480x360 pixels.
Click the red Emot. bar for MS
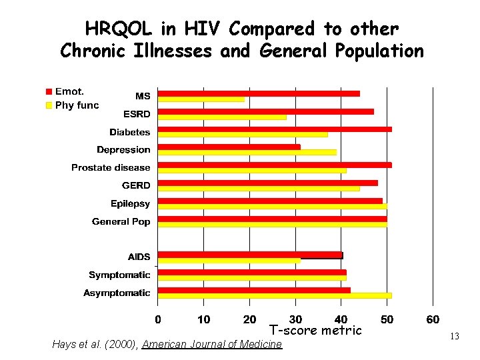pyautogui.click(x=259, y=93)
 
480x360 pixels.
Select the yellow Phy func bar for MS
pyautogui.click(x=201, y=99)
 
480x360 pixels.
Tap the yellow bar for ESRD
pyautogui.click(x=222, y=117)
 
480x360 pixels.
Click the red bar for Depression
pyautogui.click(x=229, y=147)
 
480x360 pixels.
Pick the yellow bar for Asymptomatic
pyautogui.click(x=275, y=295)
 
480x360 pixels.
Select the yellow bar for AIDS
pyautogui.click(x=229, y=260)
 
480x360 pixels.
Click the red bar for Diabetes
pyautogui.click(x=275, y=129)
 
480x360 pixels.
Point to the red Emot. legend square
pyautogui.click(x=49, y=91)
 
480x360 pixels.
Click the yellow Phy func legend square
pyautogui.click(x=49, y=105)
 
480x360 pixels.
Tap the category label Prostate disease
pyautogui.click(x=111, y=167)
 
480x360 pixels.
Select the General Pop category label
pyautogui.click(x=121, y=221)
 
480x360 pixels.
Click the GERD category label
pyautogui.click(x=136, y=185)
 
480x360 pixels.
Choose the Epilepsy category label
pyautogui.click(x=130, y=203)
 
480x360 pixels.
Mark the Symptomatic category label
pyautogui.click(x=119, y=275)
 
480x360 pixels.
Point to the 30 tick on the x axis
pyautogui.click(x=295, y=319)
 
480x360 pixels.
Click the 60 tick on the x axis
pyautogui.click(x=433, y=319)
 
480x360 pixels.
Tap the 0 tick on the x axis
pyautogui.click(x=158, y=319)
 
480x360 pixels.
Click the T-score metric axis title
pyautogui.click(x=315, y=331)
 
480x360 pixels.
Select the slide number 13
pyautogui.click(x=455, y=337)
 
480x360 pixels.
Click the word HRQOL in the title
pyautogui.click(x=117, y=29)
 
